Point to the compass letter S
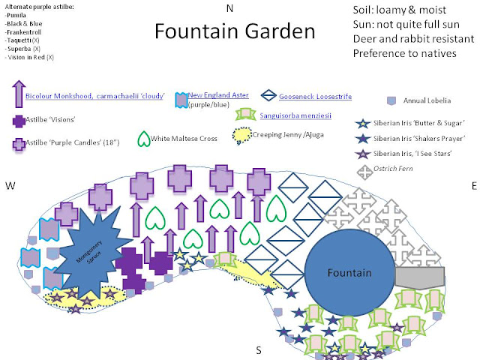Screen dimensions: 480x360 259,349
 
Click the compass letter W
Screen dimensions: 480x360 10,185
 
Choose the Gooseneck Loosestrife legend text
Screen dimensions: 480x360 315,96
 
